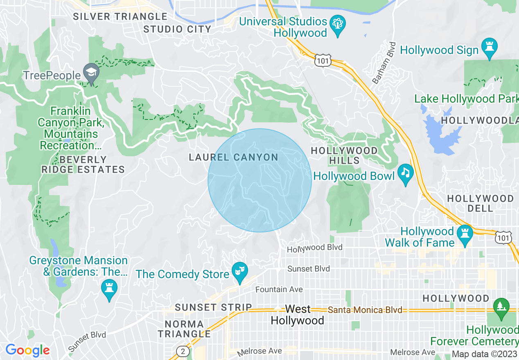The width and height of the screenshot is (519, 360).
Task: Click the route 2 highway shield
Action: tap(183, 351)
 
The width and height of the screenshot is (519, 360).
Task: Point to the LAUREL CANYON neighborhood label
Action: tap(233, 157)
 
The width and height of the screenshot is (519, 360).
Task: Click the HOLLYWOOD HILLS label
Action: tap(344, 155)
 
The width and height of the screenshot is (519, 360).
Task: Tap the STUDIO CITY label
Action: tap(177, 29)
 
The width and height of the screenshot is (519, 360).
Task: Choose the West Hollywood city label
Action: tap(298, 315)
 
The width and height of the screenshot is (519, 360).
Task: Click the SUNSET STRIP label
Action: tap(213, 307)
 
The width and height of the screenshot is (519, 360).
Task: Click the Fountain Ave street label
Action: tap(279, 290)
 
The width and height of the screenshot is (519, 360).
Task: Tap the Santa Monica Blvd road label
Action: tap(365, 310)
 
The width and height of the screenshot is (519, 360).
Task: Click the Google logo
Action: tap(27, 350)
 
